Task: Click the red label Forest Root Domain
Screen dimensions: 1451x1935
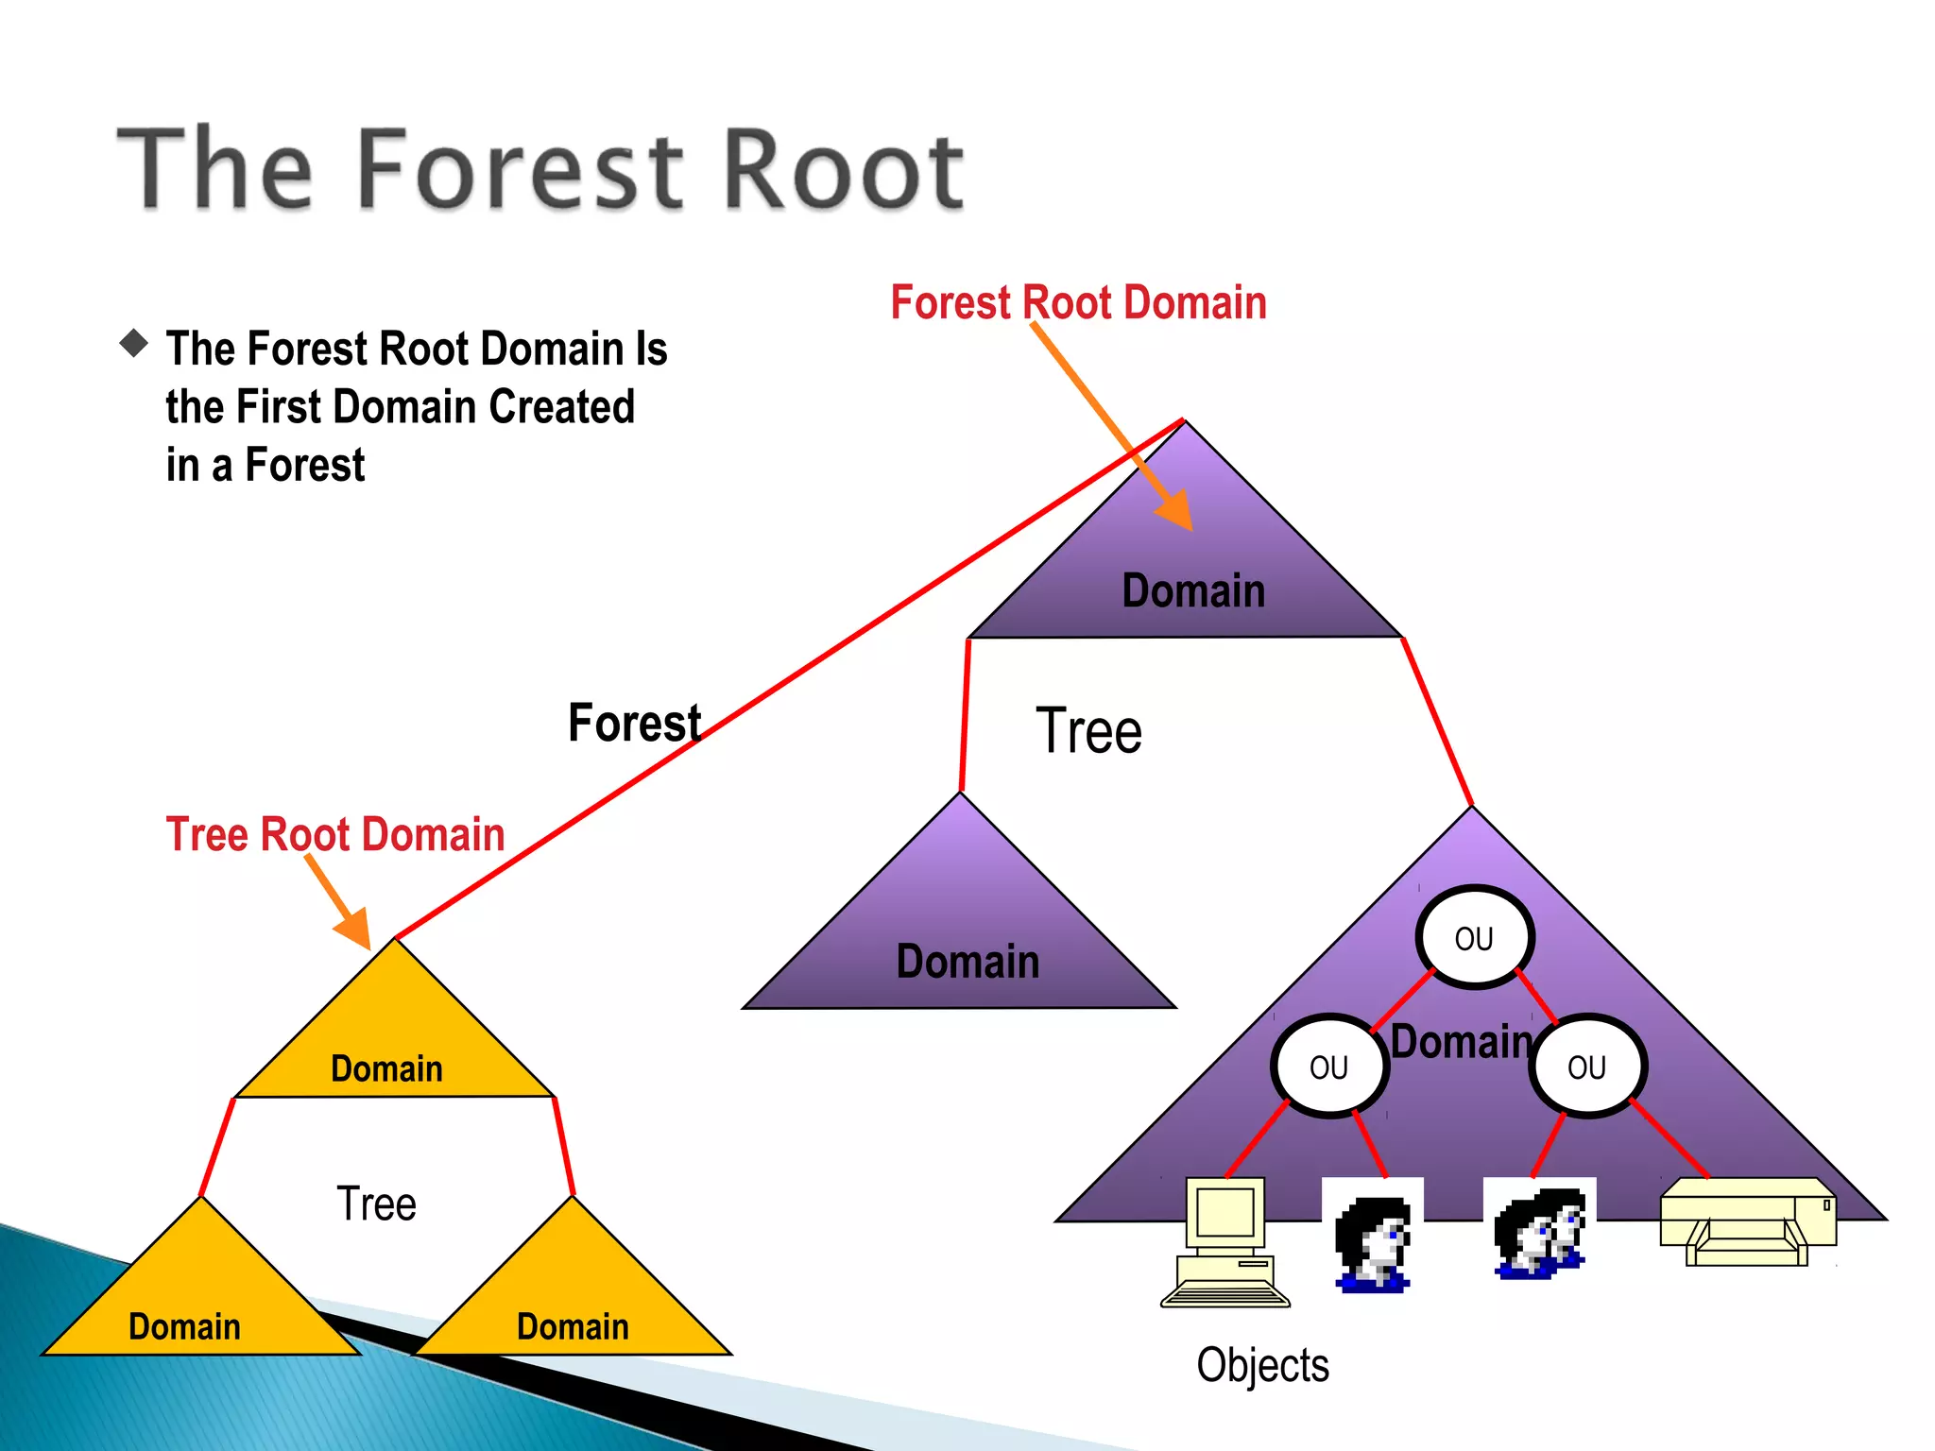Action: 1078,303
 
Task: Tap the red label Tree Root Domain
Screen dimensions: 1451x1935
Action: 335,835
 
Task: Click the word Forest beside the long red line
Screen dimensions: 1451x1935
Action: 634,724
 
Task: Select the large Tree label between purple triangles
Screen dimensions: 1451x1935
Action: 1088,732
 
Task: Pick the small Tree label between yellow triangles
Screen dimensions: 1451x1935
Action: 376,1204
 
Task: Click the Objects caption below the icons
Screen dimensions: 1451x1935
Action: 1262,1365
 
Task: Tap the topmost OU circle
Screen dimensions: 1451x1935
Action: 1474,938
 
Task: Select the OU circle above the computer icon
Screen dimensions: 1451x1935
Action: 1328,1067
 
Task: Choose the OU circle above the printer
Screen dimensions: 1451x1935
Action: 1586,1067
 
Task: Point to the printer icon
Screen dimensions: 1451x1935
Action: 1748,1222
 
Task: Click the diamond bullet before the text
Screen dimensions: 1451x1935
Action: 134,343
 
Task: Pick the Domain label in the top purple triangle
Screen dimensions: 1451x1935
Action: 1193,591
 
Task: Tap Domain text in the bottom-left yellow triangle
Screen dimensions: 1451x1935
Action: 184,1327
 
